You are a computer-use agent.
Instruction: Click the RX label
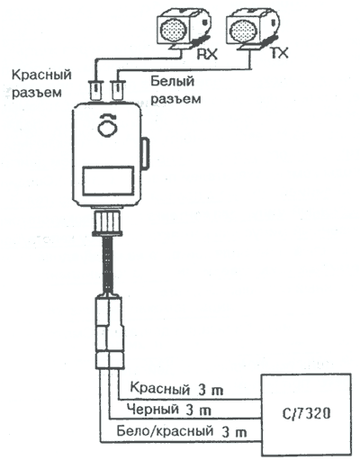(206, 54)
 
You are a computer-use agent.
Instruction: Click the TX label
(279, 53)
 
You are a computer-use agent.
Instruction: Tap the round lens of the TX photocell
(241, 30)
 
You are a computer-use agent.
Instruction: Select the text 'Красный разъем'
(41, 84)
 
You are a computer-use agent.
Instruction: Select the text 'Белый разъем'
(175, 90)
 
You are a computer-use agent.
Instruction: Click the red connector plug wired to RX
(96, 90)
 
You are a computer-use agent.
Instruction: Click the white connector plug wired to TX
(118, 90)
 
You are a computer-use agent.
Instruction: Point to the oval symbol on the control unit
(108, 129)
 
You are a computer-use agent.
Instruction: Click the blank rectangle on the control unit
(108, 181)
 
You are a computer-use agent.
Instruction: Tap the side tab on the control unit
(145, 152)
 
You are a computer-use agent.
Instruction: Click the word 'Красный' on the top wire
(160, 389)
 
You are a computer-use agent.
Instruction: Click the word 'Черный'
(152, 409)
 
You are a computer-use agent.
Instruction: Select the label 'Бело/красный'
(165, 431)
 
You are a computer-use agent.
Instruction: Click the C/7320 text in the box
(306, 414)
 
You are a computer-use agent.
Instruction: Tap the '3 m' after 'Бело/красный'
(234, 432)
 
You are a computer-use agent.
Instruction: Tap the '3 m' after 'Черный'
(199, 410)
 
